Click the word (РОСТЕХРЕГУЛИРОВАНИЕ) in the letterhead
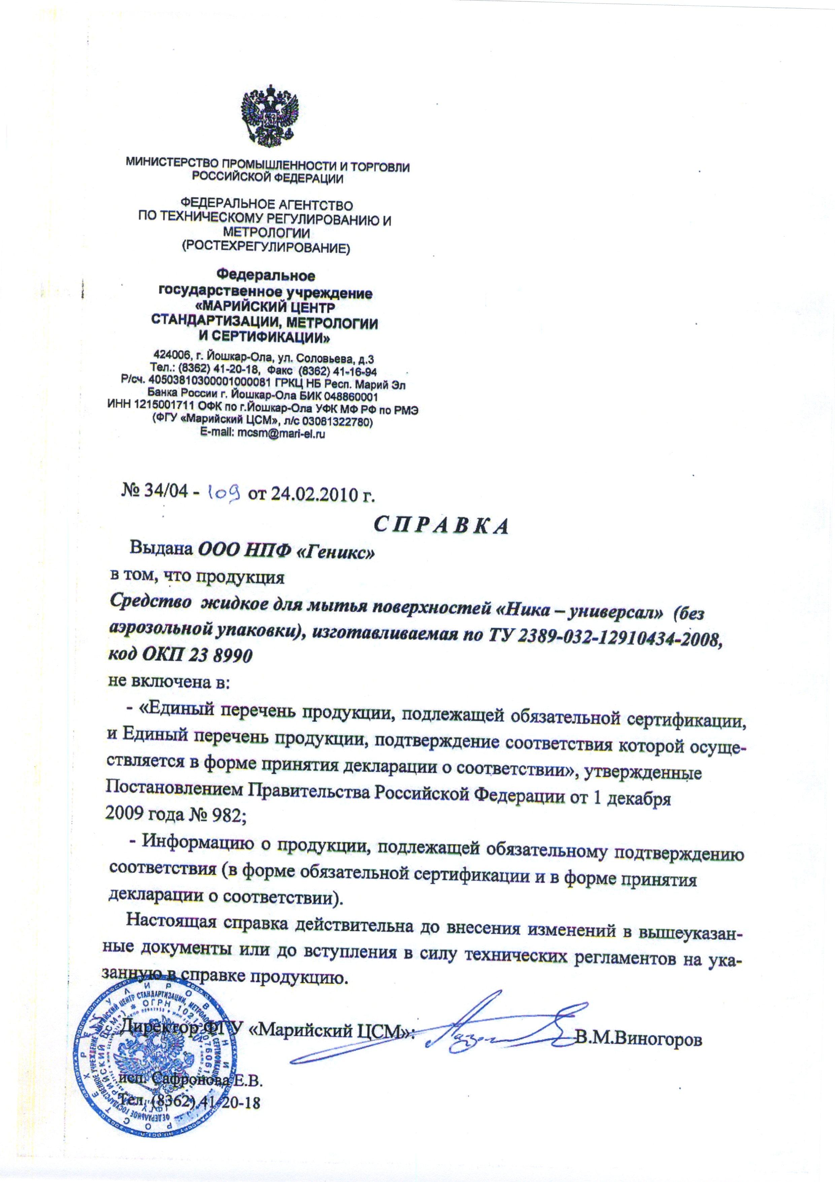click(263, 249)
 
